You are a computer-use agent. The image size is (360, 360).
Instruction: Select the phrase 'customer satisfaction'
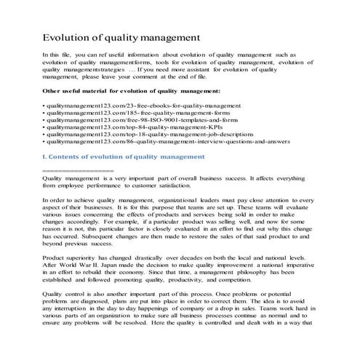click(163, 184)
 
